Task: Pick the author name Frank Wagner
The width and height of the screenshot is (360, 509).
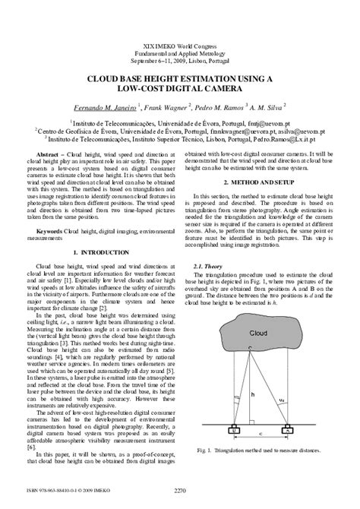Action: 162,107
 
